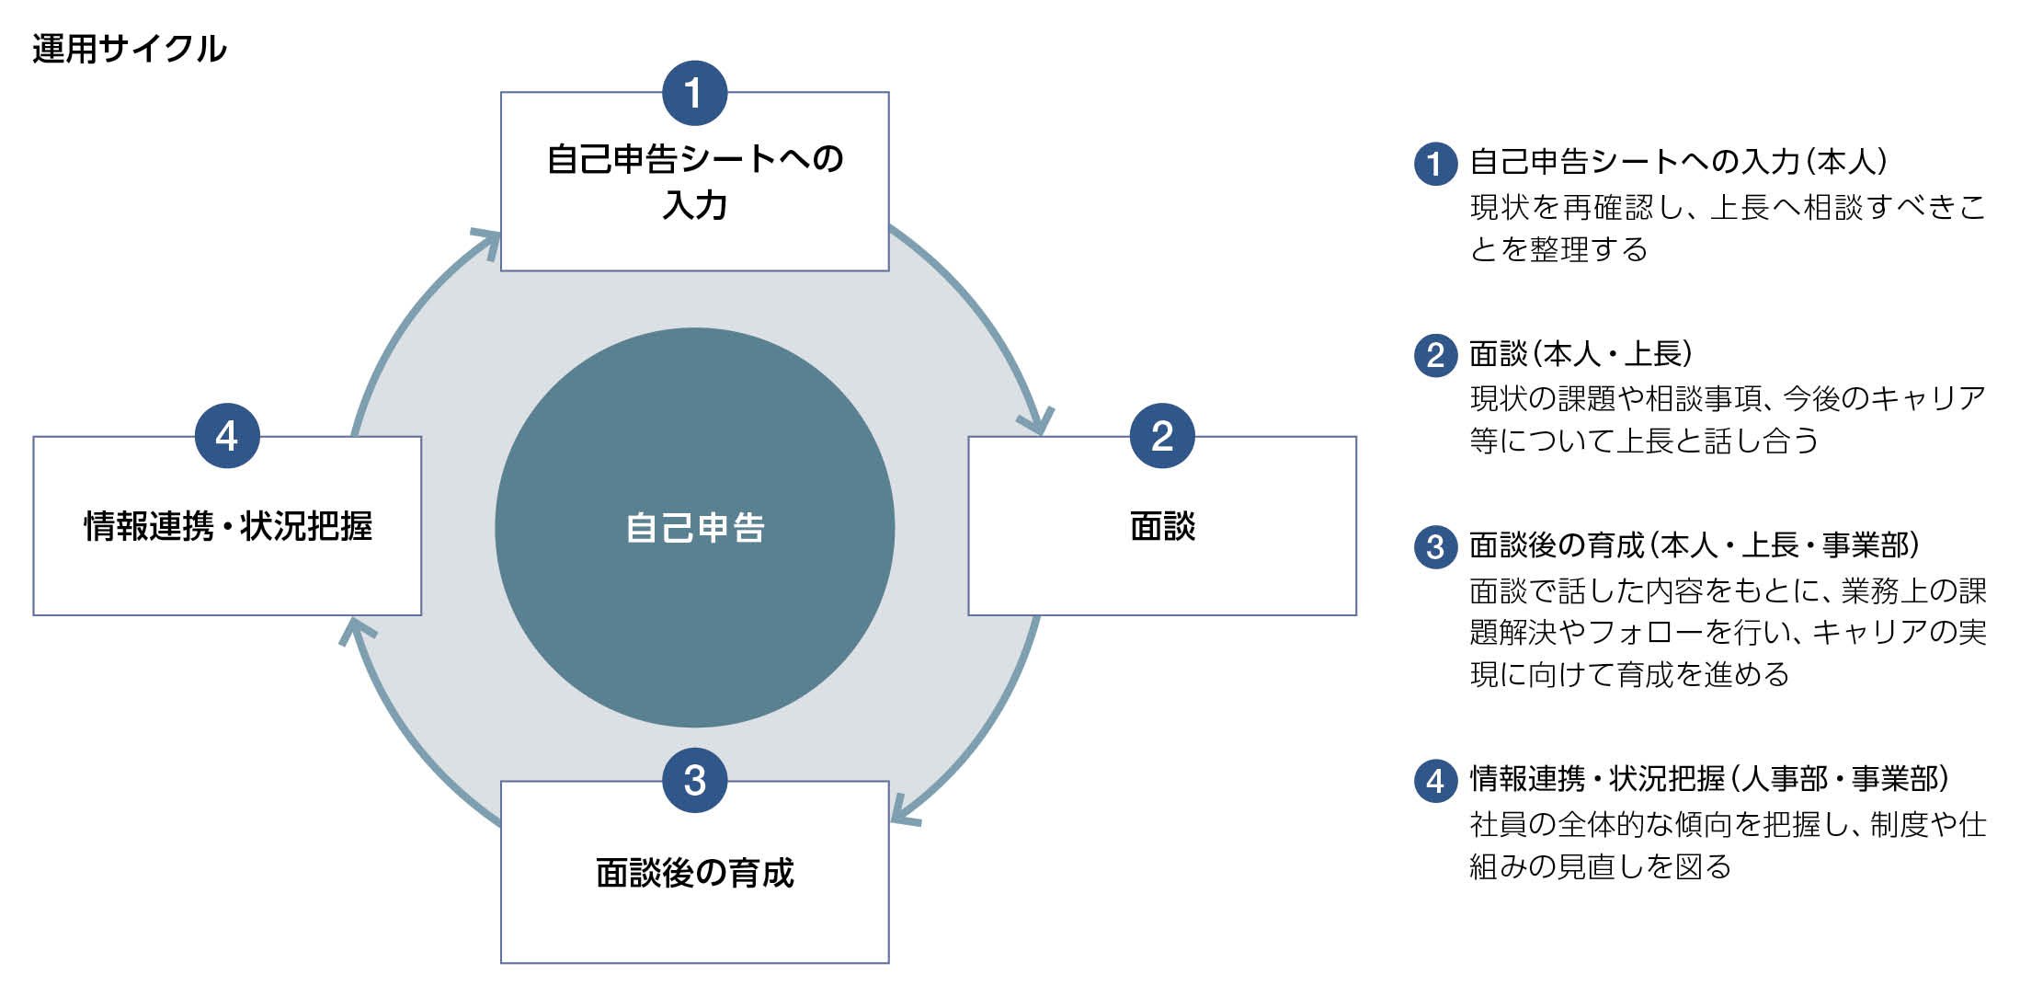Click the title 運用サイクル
(x=129, y=49)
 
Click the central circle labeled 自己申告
(x=694, y=527)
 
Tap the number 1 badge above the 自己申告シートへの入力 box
(x=694, y=93)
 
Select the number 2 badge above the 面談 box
(x=1161, y=436)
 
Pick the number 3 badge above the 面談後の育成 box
(x=694, y=781)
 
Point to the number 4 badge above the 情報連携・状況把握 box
(x=227, y=436)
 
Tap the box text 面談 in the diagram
(x=1161, y=527)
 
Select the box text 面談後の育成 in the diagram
(x=694, y=873)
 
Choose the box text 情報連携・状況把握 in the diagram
(x=227, y=527)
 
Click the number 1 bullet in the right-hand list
(x=1434, y=164)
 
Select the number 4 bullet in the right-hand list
(x=1434, y=781)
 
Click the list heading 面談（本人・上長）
(x=1580, y=354)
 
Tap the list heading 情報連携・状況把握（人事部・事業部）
(x=1708, y=779)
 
